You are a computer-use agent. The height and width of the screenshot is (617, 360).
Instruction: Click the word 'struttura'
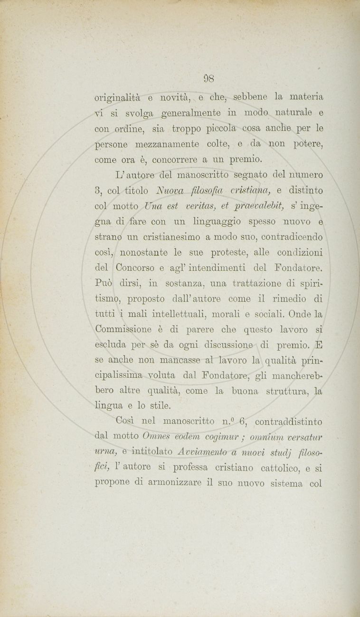tap(285, 391)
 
